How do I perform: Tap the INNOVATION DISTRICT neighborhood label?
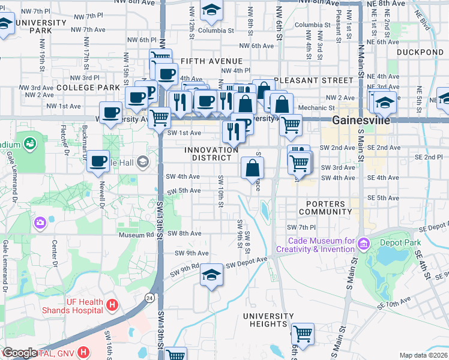click(211, 154)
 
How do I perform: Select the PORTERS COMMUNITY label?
click(325, 208)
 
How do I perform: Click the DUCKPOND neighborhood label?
click(415, 52)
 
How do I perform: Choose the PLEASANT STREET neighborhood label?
click(313, 80)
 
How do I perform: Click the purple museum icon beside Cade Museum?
click(363, 244)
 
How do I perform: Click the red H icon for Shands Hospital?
click(111, 305)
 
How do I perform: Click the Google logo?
click(20, 353)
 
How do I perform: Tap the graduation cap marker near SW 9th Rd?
click(211, 275)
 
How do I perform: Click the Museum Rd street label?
click(131, 235)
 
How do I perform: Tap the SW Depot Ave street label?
click(247, 262)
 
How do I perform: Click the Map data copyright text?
click(424, 355)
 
